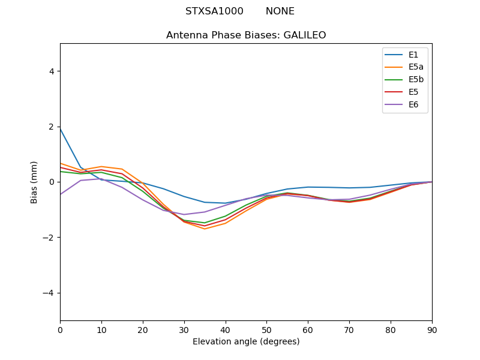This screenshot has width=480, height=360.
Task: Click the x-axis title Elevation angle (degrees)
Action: click(246, 341)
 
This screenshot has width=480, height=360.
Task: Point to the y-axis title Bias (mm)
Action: click(35, 182)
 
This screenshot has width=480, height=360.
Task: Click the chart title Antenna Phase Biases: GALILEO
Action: click(246, 35)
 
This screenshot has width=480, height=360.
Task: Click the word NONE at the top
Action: click(280, 11)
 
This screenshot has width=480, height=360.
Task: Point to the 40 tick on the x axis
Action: click(226, 329)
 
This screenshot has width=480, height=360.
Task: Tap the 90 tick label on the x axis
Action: click(432, 329)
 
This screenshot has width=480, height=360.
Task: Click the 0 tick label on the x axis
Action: click(60, 329)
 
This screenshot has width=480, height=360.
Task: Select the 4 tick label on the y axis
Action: click(52, 71)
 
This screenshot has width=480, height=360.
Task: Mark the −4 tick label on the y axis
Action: click(49, 293)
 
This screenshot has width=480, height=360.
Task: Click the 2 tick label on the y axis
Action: click(52, 127)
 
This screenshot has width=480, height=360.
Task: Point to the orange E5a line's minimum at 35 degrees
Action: click(205, 229)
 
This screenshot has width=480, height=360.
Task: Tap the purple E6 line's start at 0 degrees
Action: click(61, 194)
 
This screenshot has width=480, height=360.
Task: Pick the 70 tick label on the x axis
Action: click(349, 329)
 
